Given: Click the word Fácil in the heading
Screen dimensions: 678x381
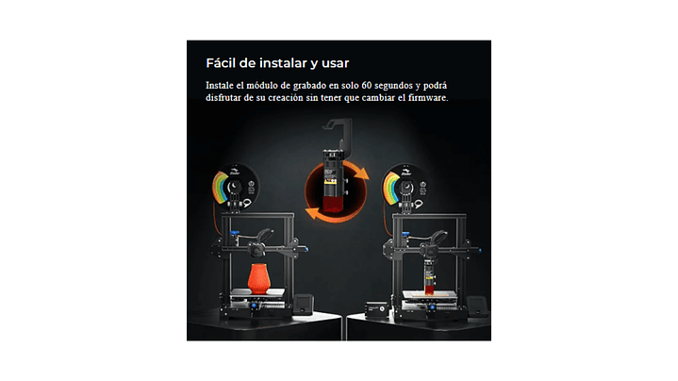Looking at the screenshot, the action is pos(221,63).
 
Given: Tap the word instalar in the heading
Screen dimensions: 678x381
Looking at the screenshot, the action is pos(283,63).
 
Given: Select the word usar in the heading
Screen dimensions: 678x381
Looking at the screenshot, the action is pos(335,64).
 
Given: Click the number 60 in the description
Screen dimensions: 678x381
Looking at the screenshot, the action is pos(367,86).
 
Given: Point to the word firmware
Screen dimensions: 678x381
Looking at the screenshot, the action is pos(428,98).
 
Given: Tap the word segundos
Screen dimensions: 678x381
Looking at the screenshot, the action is pos(393,86).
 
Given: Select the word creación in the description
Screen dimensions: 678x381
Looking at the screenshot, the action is pos(286,98).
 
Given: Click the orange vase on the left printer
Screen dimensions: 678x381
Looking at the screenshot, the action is pos(259,278).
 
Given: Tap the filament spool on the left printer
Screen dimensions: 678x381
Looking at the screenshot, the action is pos(235,188).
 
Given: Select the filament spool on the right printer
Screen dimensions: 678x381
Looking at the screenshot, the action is pos(405,188).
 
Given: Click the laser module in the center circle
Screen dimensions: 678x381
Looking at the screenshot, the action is pos(334,181).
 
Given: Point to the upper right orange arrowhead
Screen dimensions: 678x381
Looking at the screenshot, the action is pos(362,173).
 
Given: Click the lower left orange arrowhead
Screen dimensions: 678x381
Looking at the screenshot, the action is pos(312,213).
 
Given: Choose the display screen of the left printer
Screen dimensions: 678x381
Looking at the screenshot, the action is pos(303,304).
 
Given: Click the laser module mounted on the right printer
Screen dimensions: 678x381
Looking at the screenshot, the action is pos(429,276).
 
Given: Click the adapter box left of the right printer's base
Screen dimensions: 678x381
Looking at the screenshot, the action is pos(375,310).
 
